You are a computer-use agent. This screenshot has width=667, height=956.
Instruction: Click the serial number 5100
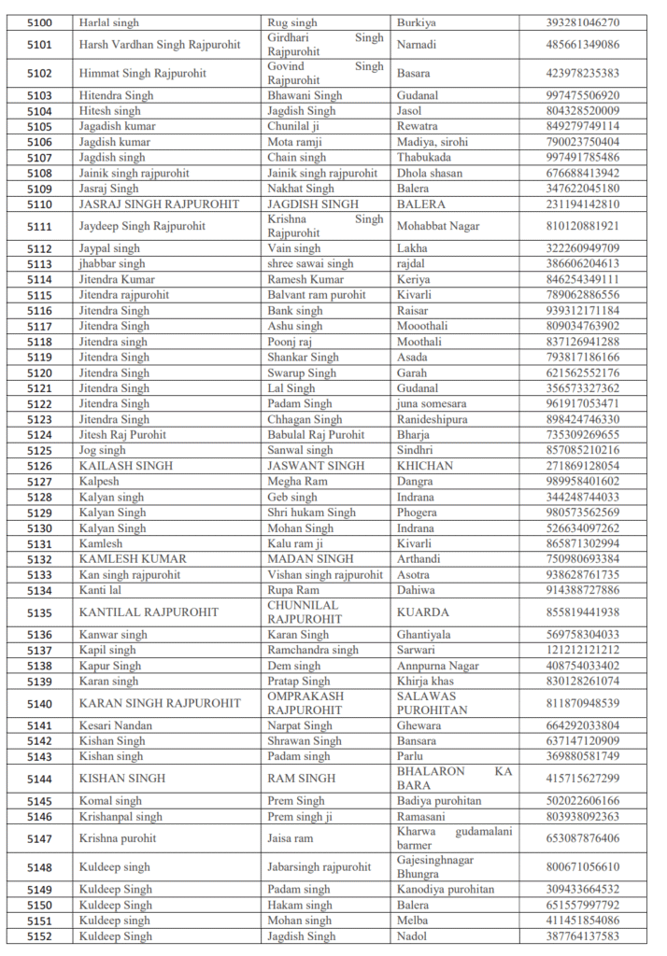[x=39, y=22]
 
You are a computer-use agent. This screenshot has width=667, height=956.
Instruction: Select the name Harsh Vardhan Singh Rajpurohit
[x=159, y=45]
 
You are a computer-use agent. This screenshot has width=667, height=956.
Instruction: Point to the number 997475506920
[x=582, y=95]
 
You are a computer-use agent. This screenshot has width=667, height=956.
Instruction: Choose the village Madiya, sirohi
[x=432, y=142]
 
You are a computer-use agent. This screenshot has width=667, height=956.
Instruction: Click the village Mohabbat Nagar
[x=437, y=226]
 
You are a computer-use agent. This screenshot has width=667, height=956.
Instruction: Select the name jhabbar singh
[x=112, y=264]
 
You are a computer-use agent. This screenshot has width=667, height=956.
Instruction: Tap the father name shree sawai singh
[x=310, y=264]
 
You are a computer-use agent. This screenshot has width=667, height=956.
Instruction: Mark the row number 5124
[x=39, y=435]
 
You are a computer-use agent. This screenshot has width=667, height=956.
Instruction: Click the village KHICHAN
[x=425, y=466]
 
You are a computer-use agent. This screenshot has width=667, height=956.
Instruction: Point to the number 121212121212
[x=582, y=650]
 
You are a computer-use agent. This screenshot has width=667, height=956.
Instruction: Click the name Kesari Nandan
[x=115, y=725]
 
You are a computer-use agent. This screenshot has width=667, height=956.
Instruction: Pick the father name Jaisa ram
[x=291, y=838]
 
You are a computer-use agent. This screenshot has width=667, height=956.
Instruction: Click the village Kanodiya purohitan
[x=446, y=890]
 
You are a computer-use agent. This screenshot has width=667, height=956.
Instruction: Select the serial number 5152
[x=39, y=936]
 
